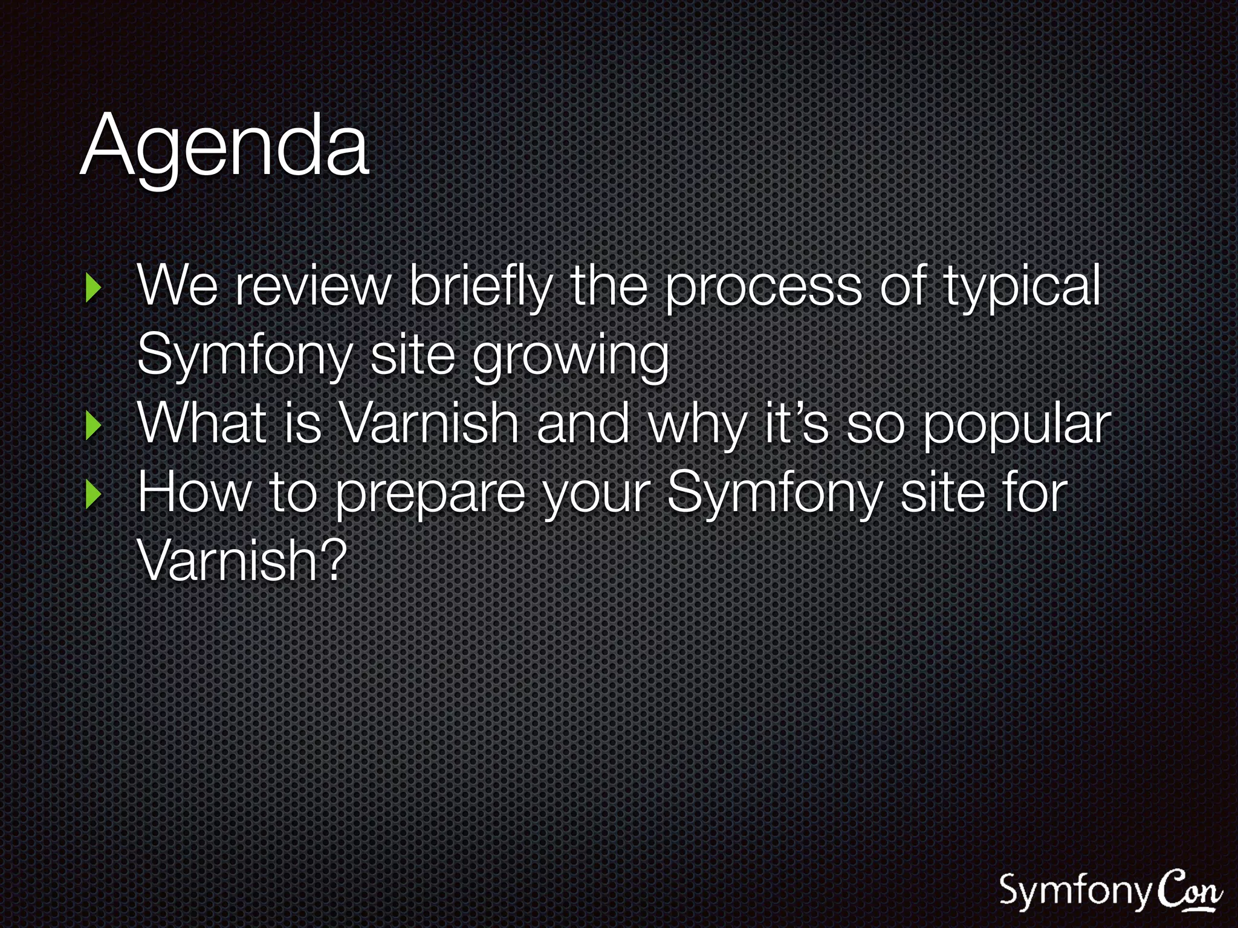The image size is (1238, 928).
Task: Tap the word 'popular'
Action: (x=1017, y=425)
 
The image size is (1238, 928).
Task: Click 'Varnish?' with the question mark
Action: (x=242, y=561)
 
